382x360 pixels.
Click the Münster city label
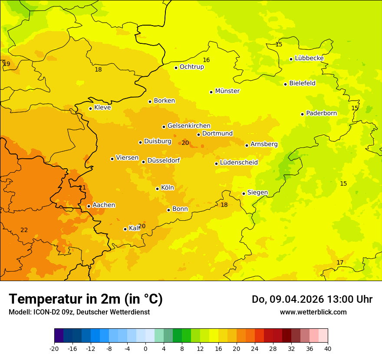click(227, 91)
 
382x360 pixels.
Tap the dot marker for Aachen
click(89, 206)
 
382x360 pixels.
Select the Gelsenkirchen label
click(189, 126)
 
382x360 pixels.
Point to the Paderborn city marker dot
click(302, 114)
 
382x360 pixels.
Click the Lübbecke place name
click(309, 58)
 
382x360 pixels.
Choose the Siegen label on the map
click(257, 193)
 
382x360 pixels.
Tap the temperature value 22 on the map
click(24, 230)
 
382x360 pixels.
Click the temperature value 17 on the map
click(340, 262)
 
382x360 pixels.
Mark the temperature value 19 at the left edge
click(7, 64)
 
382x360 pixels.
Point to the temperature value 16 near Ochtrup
click(206, 60)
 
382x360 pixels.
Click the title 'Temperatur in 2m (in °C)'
click(86, 299)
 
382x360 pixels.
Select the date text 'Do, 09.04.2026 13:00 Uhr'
click(312, 299)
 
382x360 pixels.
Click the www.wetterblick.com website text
click(313, 312)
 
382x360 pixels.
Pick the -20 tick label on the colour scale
click(54, 348)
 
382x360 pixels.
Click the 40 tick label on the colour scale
click(328, 348)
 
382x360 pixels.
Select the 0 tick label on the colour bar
click(145, 348)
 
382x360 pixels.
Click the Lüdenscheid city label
click(239, 163)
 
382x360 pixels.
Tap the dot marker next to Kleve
click(90, 108)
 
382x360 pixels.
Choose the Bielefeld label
click(302, 83)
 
